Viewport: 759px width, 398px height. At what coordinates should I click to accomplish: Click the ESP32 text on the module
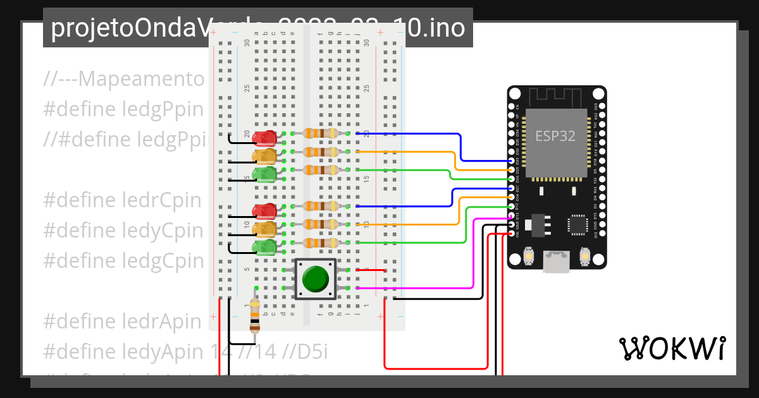pyautogui.click(x=555, y=136)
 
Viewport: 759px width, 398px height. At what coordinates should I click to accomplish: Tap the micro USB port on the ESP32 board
pyautogui.click(x=557, y=261)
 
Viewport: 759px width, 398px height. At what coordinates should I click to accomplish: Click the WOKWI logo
pyautogui.click(x=672, y=348)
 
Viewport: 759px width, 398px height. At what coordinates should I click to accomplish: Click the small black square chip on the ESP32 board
pyautogui.click(x=577, y=224)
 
